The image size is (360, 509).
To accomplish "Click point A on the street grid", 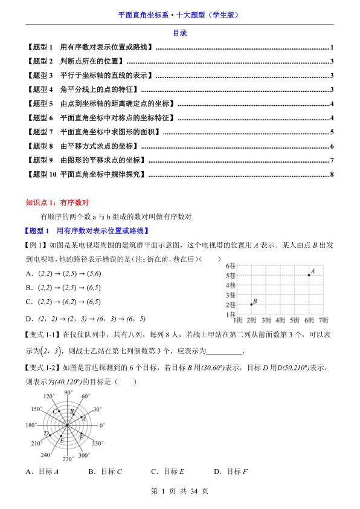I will click(309, 275).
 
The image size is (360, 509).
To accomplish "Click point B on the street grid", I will click(251, 304).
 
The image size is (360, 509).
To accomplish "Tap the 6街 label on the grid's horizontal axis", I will click(309, 319).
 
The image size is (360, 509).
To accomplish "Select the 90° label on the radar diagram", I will click(68, 392).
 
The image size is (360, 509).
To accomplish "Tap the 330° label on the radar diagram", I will click(98, 443).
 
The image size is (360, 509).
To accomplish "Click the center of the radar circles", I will click(68, 425).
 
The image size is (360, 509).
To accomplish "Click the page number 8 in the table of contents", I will click(332, 175).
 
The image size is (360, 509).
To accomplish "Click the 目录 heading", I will click(179, 33).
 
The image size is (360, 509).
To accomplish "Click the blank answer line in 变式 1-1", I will click(225, 351).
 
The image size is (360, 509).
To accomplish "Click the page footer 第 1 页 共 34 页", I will click(179, 491).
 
